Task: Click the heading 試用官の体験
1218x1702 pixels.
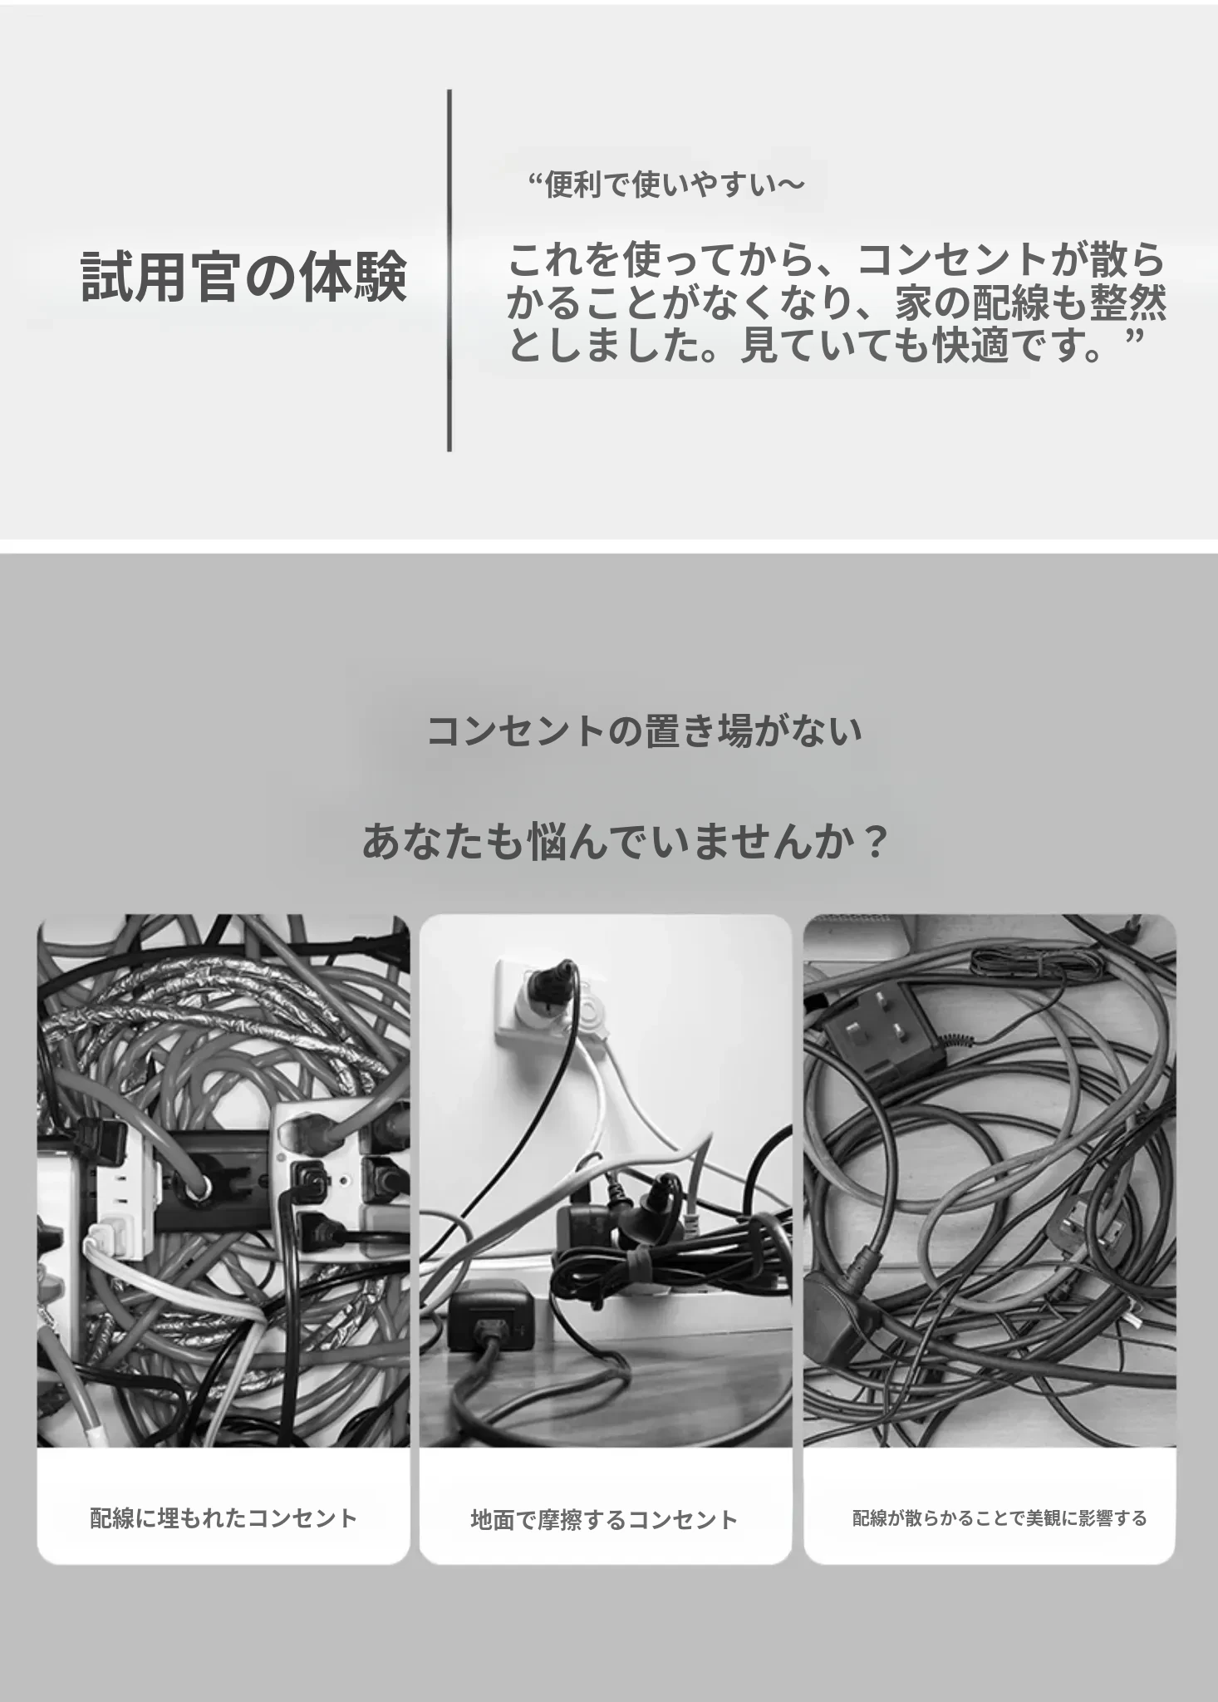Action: [x=244, y=277]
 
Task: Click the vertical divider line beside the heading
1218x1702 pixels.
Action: [x=449, y=271]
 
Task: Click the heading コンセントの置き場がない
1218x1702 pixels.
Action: [x=645, y=731]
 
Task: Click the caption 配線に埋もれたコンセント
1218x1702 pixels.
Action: [x=223, y=1518]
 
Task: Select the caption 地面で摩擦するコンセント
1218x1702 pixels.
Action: [x=604, y=1520]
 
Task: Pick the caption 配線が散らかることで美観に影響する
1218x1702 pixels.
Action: [x=999, y=1518]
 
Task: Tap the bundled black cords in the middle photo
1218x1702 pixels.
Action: [x=665, y=1255]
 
